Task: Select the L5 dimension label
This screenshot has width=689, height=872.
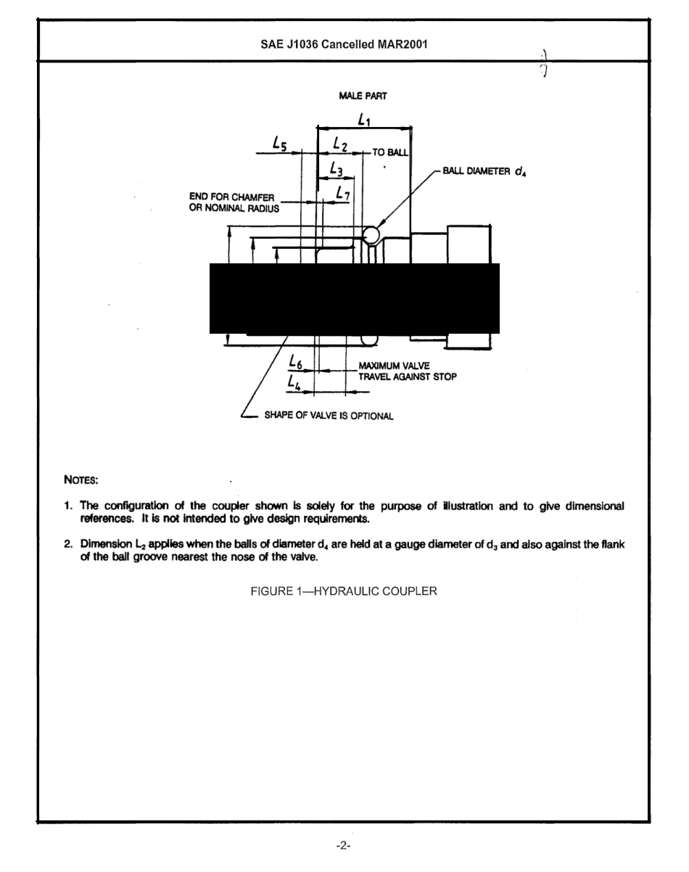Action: [280, 145]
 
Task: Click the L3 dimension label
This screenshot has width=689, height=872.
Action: [335, 170]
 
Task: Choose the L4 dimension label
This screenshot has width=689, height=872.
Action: [294, 381]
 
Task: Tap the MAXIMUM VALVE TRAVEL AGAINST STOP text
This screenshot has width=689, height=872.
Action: [406, 371]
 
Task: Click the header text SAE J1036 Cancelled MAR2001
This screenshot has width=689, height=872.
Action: [344, 44]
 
